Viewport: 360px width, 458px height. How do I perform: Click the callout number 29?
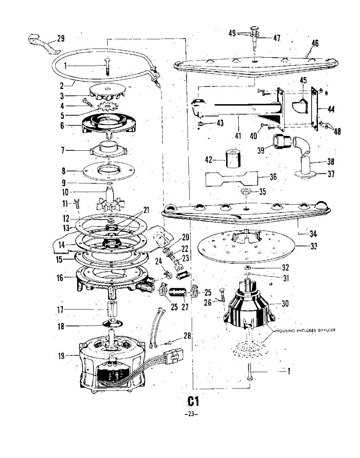60,39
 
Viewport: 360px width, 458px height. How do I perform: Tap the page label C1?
193,401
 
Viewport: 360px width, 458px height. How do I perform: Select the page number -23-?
191,415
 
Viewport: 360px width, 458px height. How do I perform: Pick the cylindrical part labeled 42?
234,160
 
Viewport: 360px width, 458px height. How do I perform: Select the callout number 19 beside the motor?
61,356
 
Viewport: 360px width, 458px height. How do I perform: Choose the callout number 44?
331,109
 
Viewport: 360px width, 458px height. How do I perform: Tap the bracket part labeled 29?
42,43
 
